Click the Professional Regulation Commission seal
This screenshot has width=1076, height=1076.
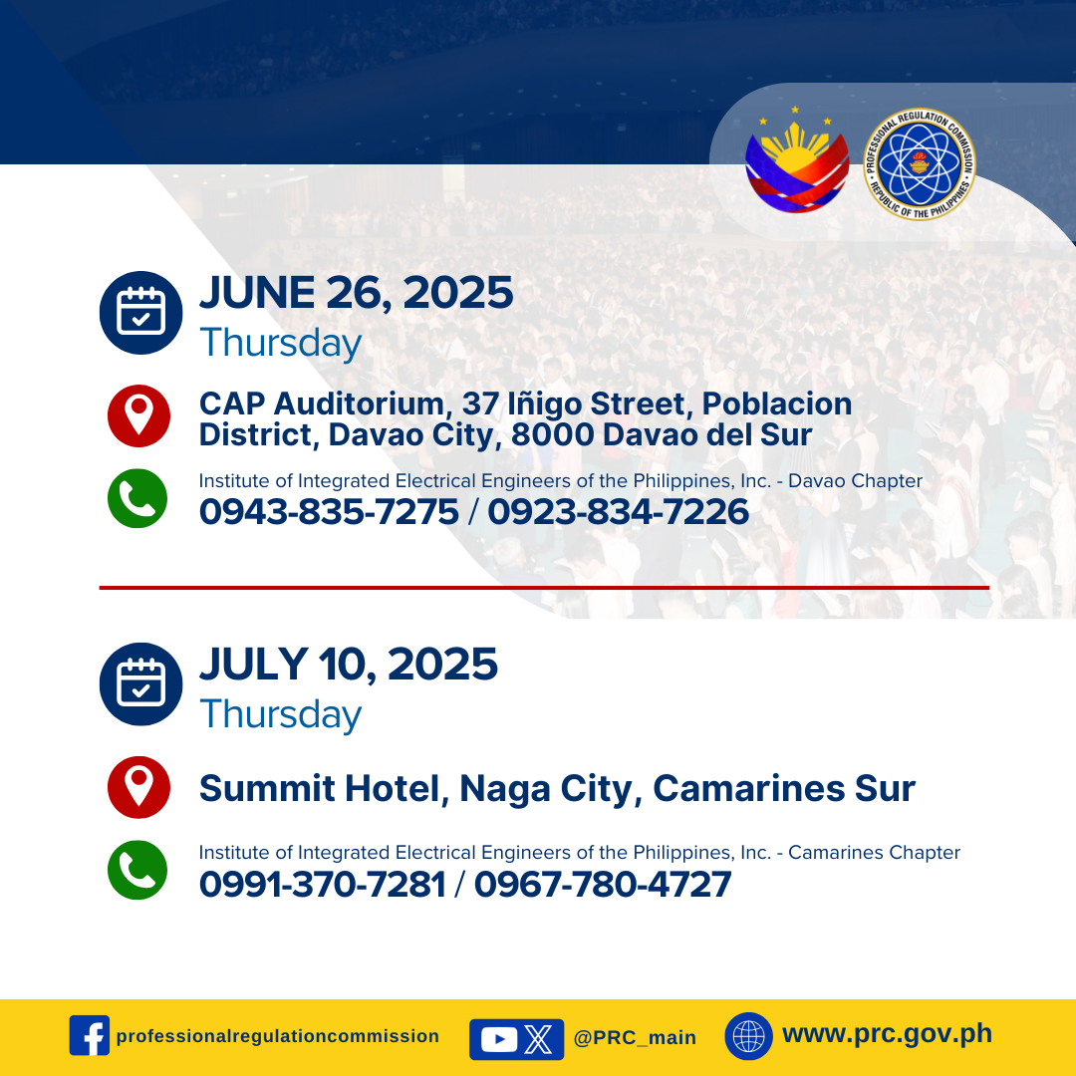click(x=920, y=164)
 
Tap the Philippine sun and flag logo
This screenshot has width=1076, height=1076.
click(x=797, y=162)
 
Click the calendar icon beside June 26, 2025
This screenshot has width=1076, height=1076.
click(x=140, y=313)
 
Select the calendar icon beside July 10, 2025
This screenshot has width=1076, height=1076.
click(x=140, y=684)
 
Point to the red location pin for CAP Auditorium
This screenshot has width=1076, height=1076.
click(x=138, y=415)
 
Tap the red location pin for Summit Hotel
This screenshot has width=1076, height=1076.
click(x=138, y=787)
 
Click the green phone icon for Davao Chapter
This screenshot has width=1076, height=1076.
click(x=137, y=498)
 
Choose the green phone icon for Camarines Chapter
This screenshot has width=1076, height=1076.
click(x=137, y=870)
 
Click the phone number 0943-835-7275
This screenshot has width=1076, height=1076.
click(x=329, y=512)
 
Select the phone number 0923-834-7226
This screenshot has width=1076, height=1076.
click(x=619, y=512)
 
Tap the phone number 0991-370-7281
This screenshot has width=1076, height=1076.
click(x=323, y=884)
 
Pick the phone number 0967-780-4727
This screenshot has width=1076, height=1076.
click(x=603, y=884)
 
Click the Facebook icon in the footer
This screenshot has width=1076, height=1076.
click(x=90, y=1035)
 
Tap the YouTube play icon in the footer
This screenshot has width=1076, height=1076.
click(x=499, y=1039)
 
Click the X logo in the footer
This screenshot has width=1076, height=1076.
click(x=538, y=1039)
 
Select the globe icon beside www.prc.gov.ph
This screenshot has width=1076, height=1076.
click(x=748, y=1036)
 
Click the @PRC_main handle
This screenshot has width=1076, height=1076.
click(x=635, y=1037)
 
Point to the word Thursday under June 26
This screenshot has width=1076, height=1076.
click(x=281, y=343)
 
